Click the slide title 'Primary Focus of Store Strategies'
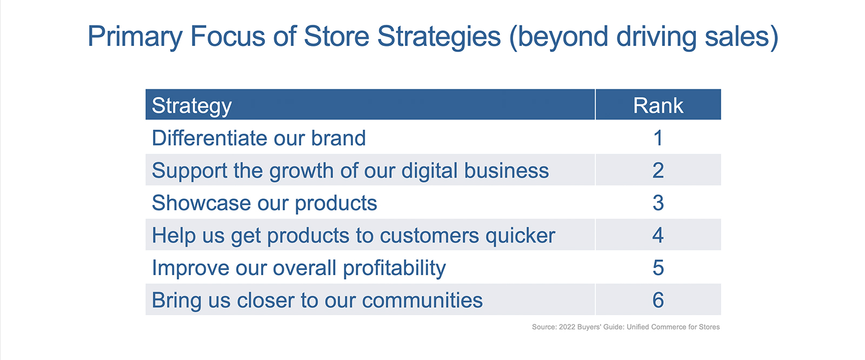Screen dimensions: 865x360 (432, 37)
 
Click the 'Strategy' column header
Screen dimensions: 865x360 (191, 106)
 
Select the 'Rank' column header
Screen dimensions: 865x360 (658, 105)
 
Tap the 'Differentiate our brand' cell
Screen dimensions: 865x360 (259, 138)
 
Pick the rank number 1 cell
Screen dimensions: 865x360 (658, 138)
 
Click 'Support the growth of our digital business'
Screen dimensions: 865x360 (350, 171)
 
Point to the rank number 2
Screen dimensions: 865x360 (658, 170)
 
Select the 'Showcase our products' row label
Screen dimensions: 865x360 (264, 203)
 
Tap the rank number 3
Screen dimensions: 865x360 (658, 203)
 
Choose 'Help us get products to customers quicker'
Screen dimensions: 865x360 (354, 236)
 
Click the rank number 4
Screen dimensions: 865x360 (658, 235)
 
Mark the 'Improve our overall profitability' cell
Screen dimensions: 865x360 (299, 268)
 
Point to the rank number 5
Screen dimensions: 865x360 (658, 268)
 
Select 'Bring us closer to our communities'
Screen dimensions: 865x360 (317, 301)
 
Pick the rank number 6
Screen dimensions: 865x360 (658, 300)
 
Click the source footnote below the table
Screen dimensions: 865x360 (626, 327)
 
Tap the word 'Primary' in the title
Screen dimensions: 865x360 (135, 37)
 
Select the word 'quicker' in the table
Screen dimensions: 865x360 (520, 236)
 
